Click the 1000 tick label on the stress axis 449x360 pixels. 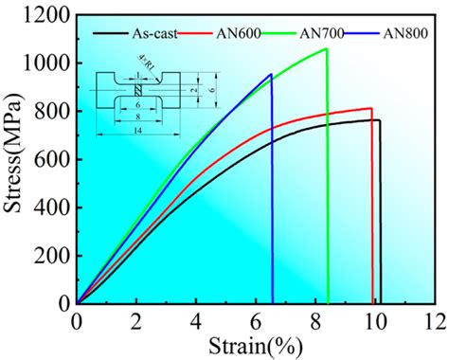[x=46, y=63]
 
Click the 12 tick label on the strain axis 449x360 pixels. [x=435, y=320]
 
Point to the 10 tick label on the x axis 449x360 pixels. [x=375, y=320]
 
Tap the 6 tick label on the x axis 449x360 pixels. [x=256, y=320]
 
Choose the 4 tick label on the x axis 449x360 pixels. [x=196, y=320]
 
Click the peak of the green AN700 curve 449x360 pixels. [x=326, y=49]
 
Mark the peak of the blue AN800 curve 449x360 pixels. [x=271, y=75]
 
